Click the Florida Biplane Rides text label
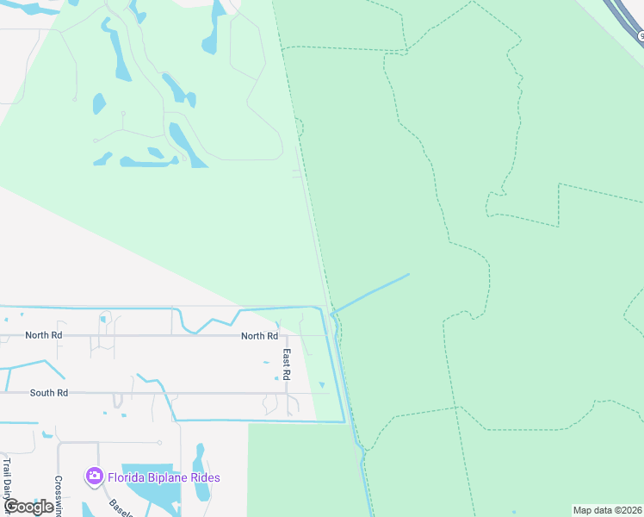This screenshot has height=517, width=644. (164, 477)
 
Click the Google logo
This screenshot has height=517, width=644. (28, 507)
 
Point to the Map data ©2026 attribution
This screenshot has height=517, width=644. (607, 510)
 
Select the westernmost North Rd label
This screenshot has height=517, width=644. (44, 335)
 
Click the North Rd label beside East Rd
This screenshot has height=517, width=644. (259, 336)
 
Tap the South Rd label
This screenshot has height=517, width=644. (48, 393)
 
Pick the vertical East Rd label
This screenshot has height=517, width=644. (288, 365)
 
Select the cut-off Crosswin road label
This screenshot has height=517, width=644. (59, 495)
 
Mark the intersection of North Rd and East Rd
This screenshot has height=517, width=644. (287, 335)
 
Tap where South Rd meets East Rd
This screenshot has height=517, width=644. (287, 393)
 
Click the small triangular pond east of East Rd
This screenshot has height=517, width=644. (321, 384)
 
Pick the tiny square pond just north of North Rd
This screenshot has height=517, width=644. (102, 320)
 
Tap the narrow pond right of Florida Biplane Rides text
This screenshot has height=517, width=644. (200, 472)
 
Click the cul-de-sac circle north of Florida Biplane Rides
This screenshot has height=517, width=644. (160, 443)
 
